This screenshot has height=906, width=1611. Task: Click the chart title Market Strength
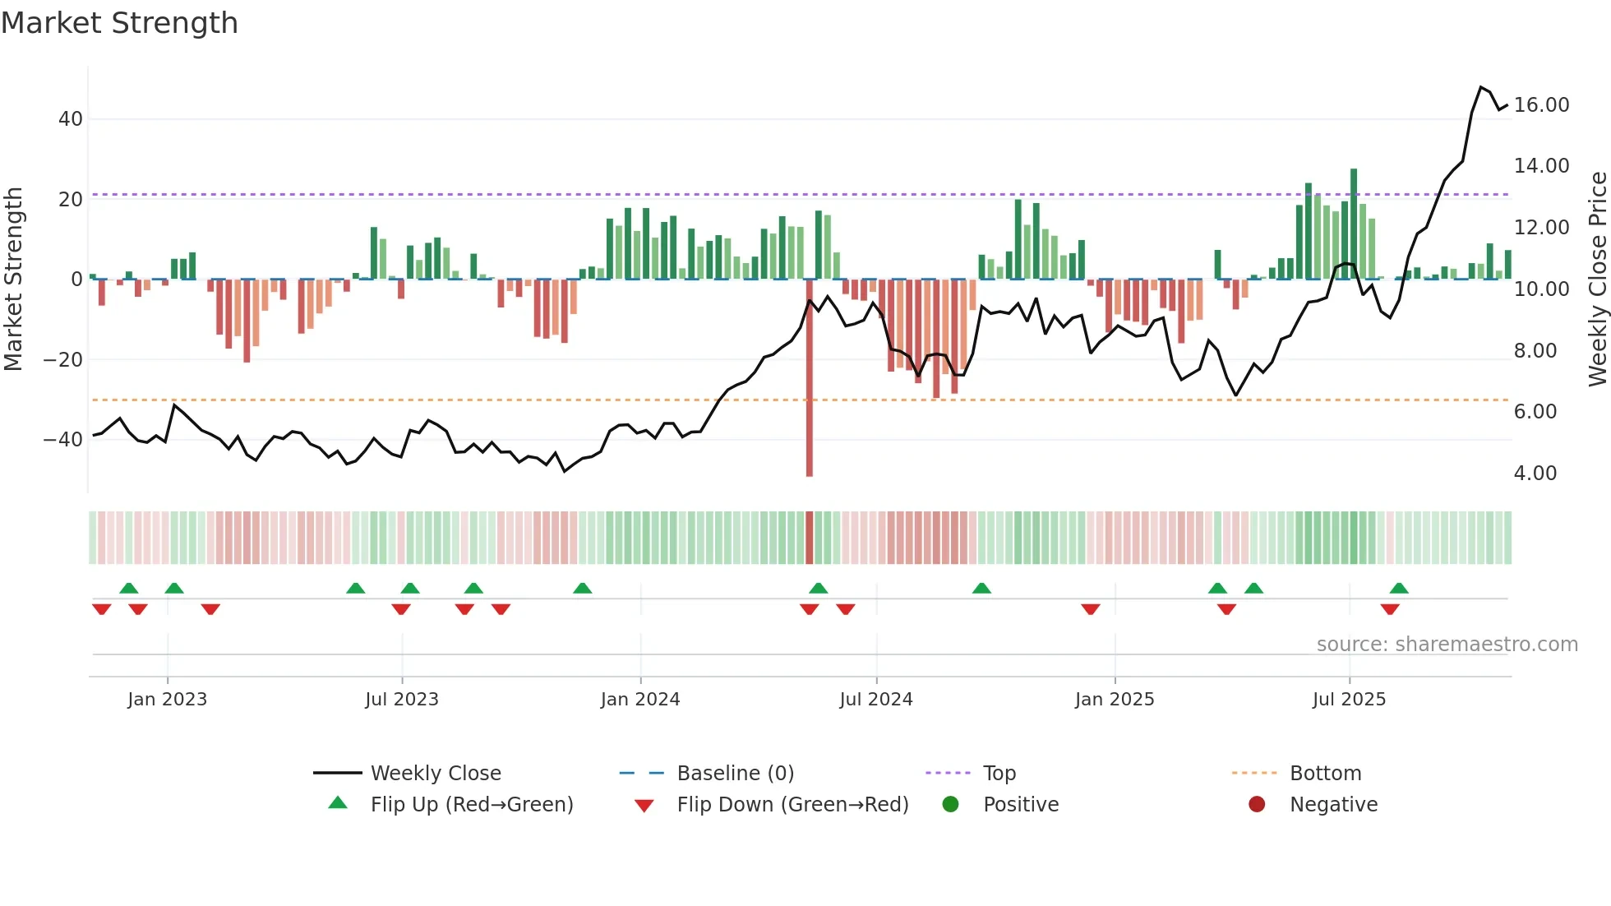point(119,23)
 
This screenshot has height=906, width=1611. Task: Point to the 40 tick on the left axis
point(71,119)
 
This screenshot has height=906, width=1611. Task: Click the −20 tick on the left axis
point(63,360)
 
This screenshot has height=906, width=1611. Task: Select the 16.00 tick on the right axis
point(1541,105)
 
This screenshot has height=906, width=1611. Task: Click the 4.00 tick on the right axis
point(1535,474)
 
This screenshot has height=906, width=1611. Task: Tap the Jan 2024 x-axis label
point(640,700)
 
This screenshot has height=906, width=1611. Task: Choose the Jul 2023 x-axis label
point(402,700)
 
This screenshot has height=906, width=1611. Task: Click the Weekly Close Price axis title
point(1597,280)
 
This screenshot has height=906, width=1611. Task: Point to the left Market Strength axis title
point(13,280)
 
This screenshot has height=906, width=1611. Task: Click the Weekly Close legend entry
point(435,774)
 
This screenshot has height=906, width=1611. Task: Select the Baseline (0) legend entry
point(735,774)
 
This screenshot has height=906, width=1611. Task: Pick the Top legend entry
point(999,774)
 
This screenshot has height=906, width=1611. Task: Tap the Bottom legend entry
point(1325,774)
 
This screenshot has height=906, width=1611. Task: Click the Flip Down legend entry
point(792,805)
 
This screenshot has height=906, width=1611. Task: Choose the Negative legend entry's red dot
point(1257,805)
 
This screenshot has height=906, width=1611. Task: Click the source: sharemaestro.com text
point(1447,645)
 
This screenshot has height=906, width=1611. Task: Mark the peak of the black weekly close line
point(1481,87)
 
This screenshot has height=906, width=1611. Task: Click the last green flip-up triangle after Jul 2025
point(1399,589)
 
